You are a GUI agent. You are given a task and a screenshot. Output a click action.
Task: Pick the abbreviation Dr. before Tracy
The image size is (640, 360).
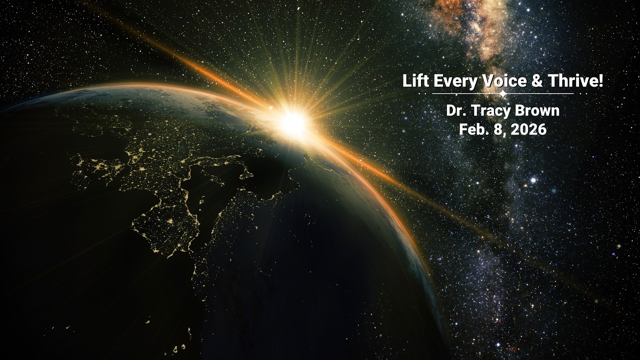[455, 110]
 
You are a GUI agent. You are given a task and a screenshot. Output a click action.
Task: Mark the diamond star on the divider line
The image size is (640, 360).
[503, 93]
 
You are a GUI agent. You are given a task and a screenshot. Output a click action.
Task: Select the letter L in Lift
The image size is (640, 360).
[406, 81]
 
